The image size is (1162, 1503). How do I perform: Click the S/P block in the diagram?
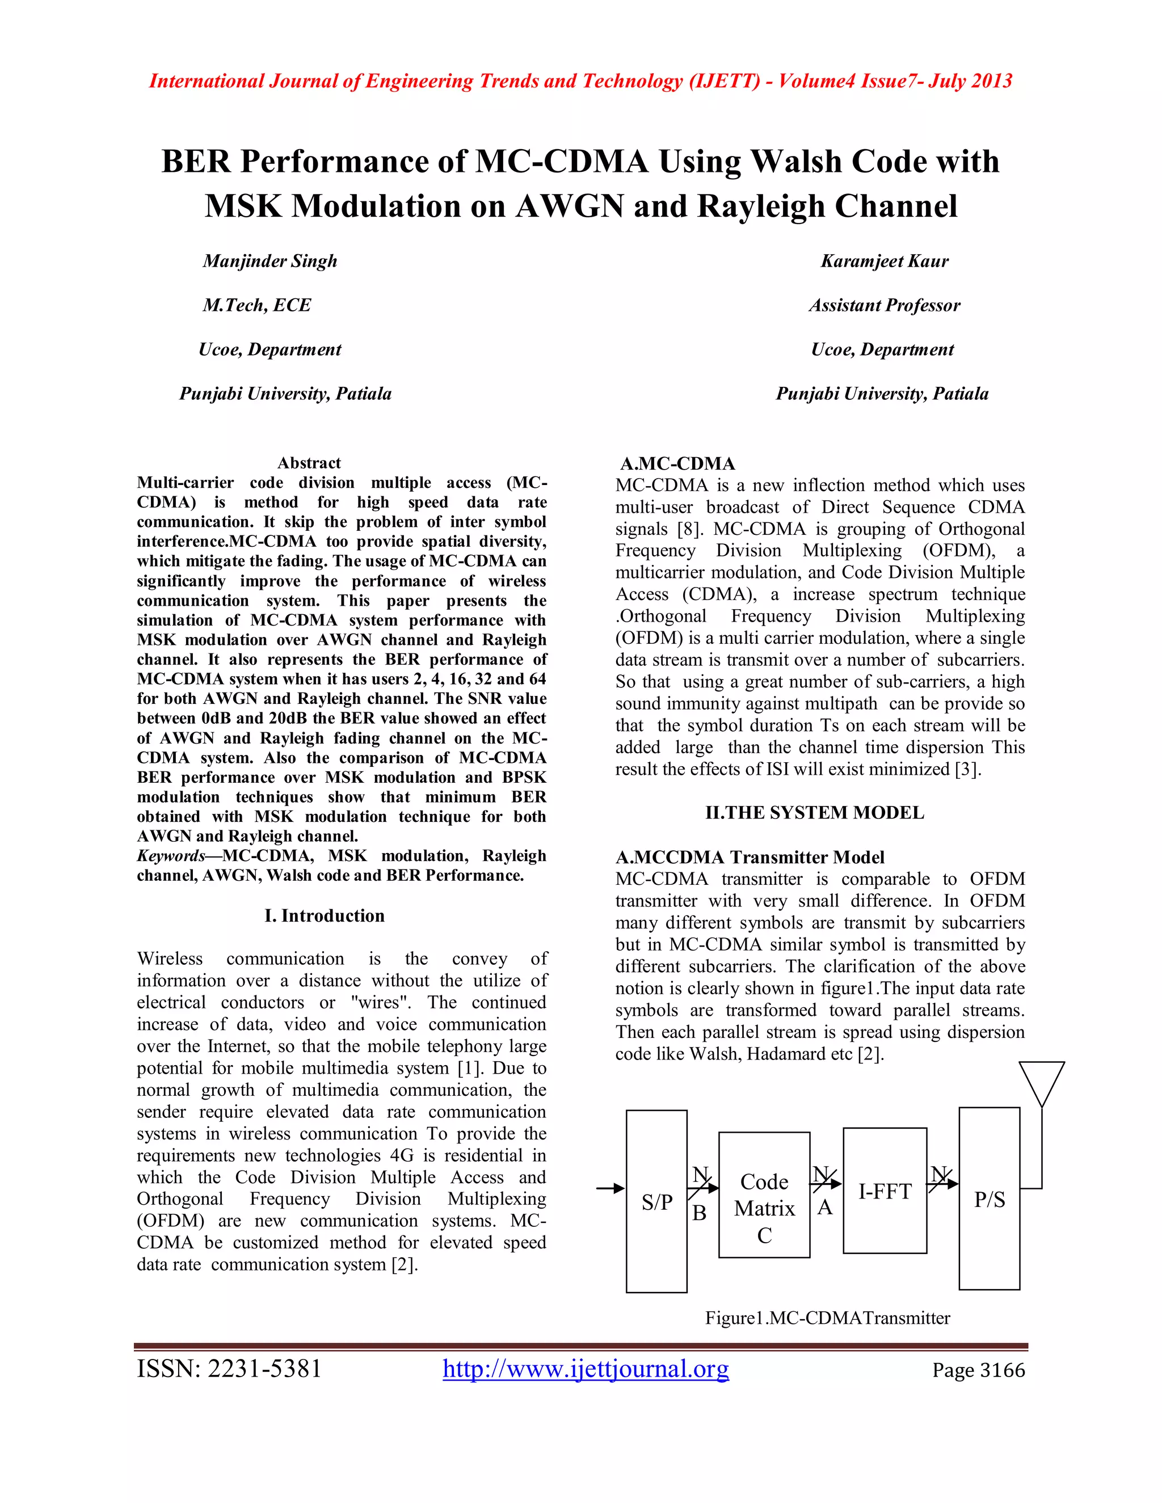pos(656,1201)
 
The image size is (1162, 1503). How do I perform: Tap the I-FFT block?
pos(885,1191)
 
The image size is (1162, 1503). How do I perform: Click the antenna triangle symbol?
pos(1042,1083)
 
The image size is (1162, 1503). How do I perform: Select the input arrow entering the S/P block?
pos(610,1188)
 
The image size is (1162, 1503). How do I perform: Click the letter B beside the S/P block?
pos(700,1213)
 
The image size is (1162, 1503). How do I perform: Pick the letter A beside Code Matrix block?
pos(824,1208)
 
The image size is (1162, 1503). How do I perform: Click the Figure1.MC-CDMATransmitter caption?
pos(827,1318)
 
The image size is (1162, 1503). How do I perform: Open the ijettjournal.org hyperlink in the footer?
pos(586,1369)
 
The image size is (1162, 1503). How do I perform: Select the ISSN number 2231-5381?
pos(229,1369)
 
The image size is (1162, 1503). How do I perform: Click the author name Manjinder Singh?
pos(270,261)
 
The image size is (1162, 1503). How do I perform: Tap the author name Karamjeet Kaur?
pos(885,261)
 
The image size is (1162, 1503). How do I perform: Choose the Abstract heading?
pos(309,462)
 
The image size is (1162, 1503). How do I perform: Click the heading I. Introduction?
pos(324,915)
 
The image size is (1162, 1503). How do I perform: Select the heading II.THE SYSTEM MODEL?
pos(814,813)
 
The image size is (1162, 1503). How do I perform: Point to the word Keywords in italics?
pos(171,856)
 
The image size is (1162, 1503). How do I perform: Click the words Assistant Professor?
pos(885,305)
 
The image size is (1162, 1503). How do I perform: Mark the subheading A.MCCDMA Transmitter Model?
pos(750,858)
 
